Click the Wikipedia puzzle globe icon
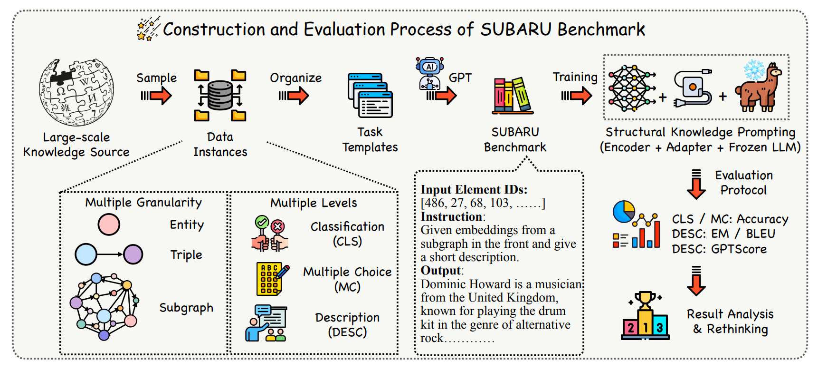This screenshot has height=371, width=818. tap(76, 92)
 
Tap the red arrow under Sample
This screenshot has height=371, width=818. tap(156, 96)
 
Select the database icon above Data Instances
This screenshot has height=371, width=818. tap(220, 95)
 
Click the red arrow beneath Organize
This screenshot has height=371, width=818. tap(294, 96)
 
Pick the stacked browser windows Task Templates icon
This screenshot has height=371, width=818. tap(370, 95)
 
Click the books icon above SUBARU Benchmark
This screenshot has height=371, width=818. tap(513, 96)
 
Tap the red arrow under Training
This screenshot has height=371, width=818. tap(577, 96)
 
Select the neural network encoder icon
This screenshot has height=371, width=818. tap(632, 88)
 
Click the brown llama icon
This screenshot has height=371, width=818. tap(759, 88)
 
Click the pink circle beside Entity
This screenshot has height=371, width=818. tap(109, 225)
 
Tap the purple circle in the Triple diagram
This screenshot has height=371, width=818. tap(133, 254)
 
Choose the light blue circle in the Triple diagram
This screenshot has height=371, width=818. tap(86, 254)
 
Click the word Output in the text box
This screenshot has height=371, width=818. tap(440, 271)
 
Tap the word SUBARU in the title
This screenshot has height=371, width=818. tap(516, 29)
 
